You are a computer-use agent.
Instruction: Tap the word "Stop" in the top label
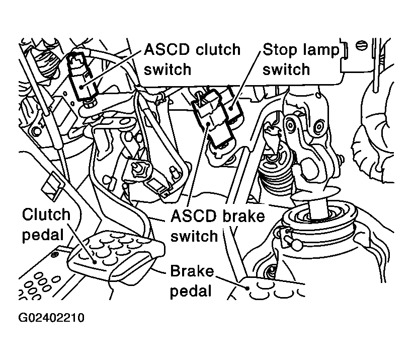280,50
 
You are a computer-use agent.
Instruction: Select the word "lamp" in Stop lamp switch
321,50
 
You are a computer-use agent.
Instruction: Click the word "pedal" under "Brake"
191,292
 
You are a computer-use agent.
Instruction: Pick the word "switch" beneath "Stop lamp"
286,69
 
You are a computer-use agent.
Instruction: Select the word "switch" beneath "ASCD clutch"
168,69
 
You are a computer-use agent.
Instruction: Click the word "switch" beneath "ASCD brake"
194,235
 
